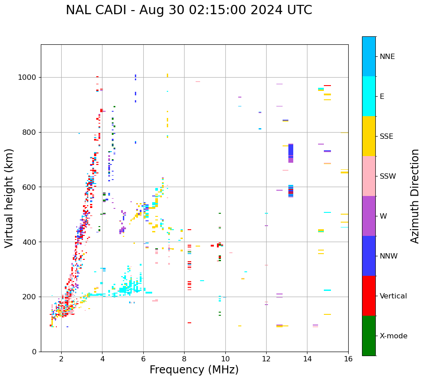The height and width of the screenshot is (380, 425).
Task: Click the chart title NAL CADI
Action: point(189,10)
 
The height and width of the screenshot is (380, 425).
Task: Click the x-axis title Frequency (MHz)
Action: point(194,370)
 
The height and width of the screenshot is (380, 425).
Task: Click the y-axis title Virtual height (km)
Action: point(9,198)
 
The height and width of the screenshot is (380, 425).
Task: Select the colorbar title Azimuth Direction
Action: point(415,196)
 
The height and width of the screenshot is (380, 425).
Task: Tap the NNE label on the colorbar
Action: point(387,57)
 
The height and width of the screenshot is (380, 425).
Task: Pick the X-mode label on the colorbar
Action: point(393,336)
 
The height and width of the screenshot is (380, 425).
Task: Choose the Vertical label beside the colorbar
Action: point(393,296)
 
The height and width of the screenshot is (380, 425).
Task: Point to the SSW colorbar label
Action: point(388,176)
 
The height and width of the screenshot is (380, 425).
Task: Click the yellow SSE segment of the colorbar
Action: point(369,136)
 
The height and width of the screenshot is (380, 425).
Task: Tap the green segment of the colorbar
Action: point(369,336)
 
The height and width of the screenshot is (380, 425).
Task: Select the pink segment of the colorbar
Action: point(369,176)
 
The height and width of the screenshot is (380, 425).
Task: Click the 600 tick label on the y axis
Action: point(30,187)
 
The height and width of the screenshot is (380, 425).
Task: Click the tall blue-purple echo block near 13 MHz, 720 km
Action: point(291,153)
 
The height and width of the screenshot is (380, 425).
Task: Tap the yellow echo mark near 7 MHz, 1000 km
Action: point(167,76)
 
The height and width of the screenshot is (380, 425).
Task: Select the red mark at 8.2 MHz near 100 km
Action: point(189,323)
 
